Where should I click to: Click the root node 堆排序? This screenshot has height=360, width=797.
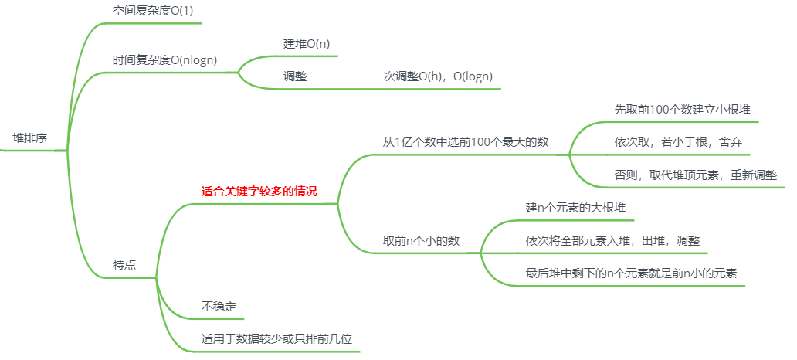coord(30,138)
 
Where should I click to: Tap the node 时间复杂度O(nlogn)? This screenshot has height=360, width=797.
coord(164,59)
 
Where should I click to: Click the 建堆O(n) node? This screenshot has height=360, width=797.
coord(307,43)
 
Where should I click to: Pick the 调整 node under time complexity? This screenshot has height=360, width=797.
coord(295,76)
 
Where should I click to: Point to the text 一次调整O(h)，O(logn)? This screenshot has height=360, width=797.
coord(432,76)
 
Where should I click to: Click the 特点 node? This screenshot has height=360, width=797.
coord(124,263)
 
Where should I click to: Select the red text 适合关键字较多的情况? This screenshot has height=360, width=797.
coord(259,191)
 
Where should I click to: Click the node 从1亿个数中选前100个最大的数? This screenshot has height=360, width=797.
coord(466,141)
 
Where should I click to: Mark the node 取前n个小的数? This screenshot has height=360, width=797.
coord(421,240)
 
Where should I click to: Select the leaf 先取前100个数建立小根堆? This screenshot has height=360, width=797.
coord(682,109)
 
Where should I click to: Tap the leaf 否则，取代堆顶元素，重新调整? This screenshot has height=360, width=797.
coord(696,175)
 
